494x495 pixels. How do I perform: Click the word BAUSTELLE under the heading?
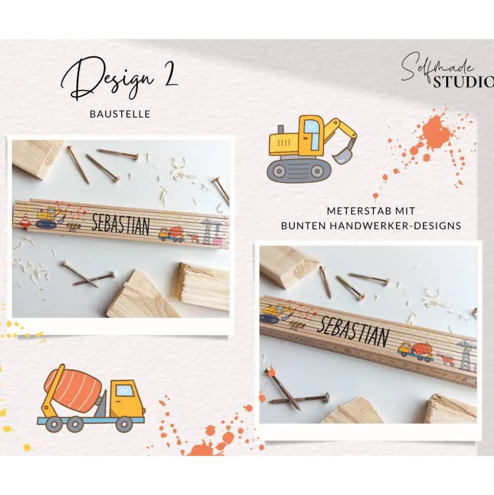point(120,114)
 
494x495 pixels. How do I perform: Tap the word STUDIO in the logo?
point(463,82)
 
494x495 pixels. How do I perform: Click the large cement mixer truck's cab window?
point(125,390)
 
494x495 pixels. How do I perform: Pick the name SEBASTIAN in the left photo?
point(121,225)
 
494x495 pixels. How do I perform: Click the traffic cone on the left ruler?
point(25,220)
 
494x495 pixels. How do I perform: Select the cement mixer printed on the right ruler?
point(416,351)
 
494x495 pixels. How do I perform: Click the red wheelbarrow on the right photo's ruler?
point(446,360)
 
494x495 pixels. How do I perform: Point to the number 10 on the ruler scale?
point(347,350)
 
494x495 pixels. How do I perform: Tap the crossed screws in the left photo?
point(89,275)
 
